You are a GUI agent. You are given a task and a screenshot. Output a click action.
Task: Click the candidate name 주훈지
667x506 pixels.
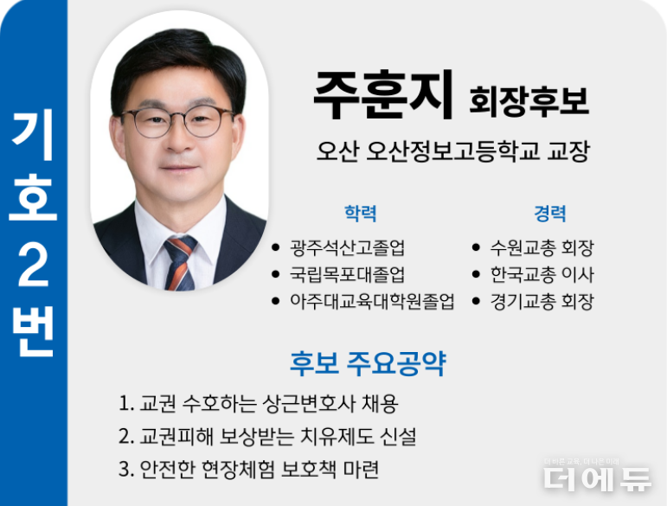click(383, 95)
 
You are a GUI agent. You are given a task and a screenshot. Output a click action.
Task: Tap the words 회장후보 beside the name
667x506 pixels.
click(529, 101)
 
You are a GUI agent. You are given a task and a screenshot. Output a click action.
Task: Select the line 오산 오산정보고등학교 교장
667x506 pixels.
click(453, 151)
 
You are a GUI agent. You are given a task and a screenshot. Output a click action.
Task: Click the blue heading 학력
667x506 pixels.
click(360, 214)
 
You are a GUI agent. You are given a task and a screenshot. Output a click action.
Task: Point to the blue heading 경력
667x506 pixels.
click(550, 214)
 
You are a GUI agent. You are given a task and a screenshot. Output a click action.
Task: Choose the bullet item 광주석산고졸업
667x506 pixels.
click(347, 247)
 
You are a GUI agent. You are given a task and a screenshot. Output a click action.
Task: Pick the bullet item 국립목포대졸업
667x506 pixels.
click(347, 274)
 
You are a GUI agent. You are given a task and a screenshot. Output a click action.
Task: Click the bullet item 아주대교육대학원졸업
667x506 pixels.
click(372, 301)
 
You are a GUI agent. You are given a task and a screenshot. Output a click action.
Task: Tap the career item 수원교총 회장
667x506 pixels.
click(542, 247)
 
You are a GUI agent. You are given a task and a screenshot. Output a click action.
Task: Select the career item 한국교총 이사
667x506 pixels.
click(542, 274)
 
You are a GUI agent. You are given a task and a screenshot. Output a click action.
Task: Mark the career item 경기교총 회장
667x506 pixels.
click(542, 301)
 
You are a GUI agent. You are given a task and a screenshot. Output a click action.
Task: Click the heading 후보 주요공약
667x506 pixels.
click(368, 363)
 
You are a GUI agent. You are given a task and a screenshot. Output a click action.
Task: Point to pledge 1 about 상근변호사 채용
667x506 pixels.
click(259, 404)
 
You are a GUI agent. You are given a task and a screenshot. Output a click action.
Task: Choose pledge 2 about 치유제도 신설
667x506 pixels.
click(267, 436)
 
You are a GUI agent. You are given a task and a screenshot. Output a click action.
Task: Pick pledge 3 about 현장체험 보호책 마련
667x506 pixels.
click(249, 469)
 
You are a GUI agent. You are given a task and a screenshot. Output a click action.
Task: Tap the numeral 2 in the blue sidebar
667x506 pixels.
click(33, 266)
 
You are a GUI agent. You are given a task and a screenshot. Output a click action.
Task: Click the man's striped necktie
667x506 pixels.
click(181, 263)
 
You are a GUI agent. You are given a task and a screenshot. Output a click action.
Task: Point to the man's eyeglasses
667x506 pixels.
click(177, 123)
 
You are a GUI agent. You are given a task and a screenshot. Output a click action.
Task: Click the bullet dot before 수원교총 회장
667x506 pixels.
click(476, 247)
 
